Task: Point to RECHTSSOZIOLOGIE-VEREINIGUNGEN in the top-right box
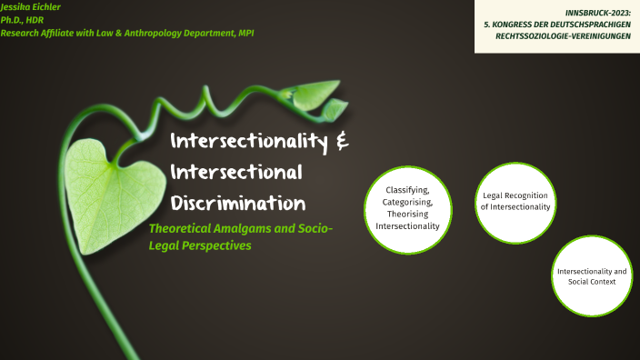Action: pos(563,36)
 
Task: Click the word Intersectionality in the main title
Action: pos(245,142)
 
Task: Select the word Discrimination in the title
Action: pos(237,202)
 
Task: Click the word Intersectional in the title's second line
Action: pos(236,172)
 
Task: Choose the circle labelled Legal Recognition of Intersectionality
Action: pos(515,202)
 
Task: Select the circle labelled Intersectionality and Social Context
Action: pos(592,276)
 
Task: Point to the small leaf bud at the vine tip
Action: pos(334,109)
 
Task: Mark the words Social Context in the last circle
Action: pos(592,282)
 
